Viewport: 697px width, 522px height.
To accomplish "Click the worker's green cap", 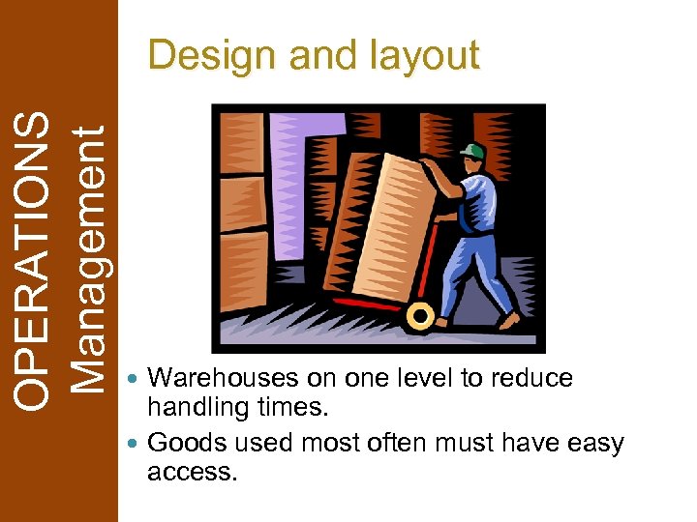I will coord(472,152).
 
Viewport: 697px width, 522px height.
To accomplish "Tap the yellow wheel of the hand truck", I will coord(420,314).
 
